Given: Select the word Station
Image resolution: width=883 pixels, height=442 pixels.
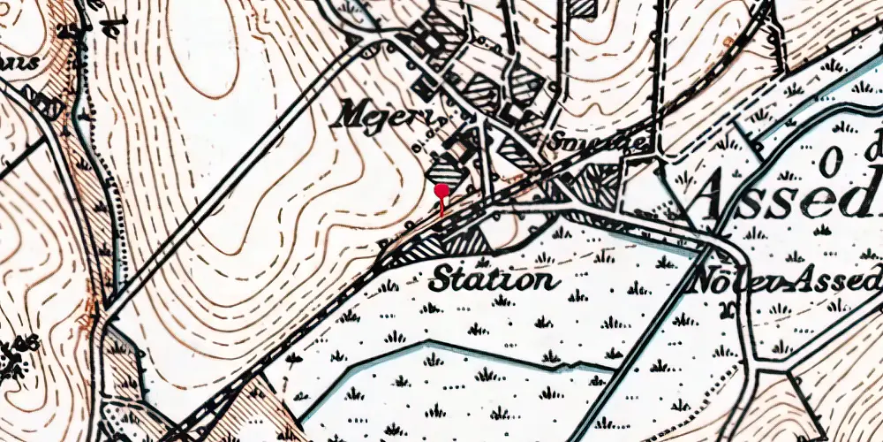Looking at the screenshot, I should point(494,281).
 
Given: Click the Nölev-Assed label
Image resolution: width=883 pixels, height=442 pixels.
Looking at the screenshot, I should point(787,282).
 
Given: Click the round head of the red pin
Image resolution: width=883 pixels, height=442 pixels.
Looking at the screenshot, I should point(441,189).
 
